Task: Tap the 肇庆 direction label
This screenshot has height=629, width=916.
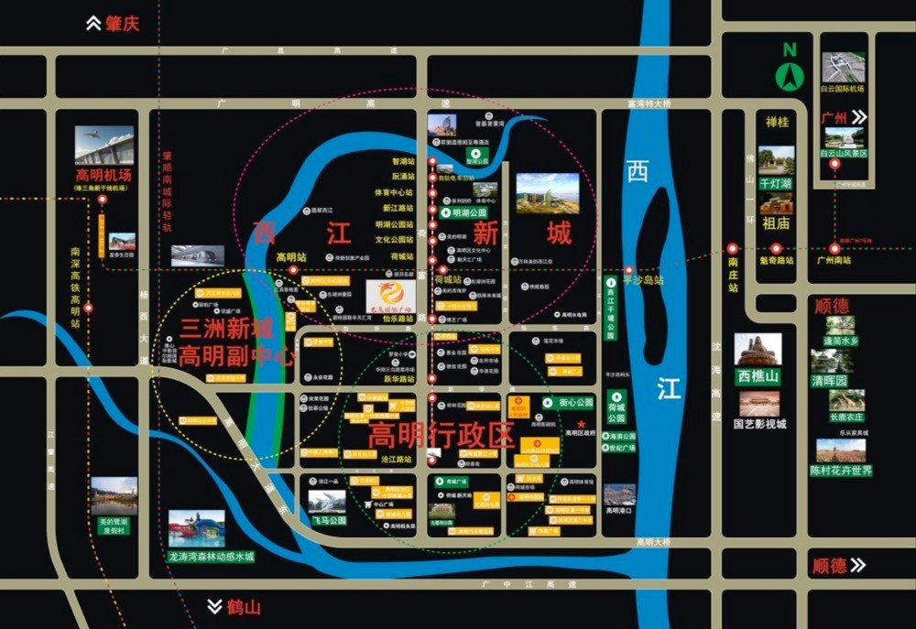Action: [113, 24]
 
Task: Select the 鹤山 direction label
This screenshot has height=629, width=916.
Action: [235, 606]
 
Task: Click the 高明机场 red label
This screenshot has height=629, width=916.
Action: [104, 175]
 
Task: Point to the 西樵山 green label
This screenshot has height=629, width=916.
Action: [758, 375]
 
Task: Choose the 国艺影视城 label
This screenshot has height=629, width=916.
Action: [759, 424]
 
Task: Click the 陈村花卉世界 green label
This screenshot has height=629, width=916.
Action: [841, 471]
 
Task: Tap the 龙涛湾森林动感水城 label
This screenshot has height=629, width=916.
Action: [211, 556]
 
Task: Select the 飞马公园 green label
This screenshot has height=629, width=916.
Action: [328, 520]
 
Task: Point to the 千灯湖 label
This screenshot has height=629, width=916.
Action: [775, 183]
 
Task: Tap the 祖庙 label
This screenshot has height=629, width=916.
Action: [775, 222]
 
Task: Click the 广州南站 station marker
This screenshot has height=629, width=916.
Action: [834, 248]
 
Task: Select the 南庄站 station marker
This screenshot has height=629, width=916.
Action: [733, 248]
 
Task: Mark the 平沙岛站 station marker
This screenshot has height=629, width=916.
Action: [628, 270]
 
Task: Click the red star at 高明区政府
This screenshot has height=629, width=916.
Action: [581, 422]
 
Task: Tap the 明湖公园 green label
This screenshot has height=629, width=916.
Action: [467, 211]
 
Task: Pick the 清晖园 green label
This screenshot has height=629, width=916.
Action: [829, 380]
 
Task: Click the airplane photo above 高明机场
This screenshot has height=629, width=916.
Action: [104, 145]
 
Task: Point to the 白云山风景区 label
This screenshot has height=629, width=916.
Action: [843, 154]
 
